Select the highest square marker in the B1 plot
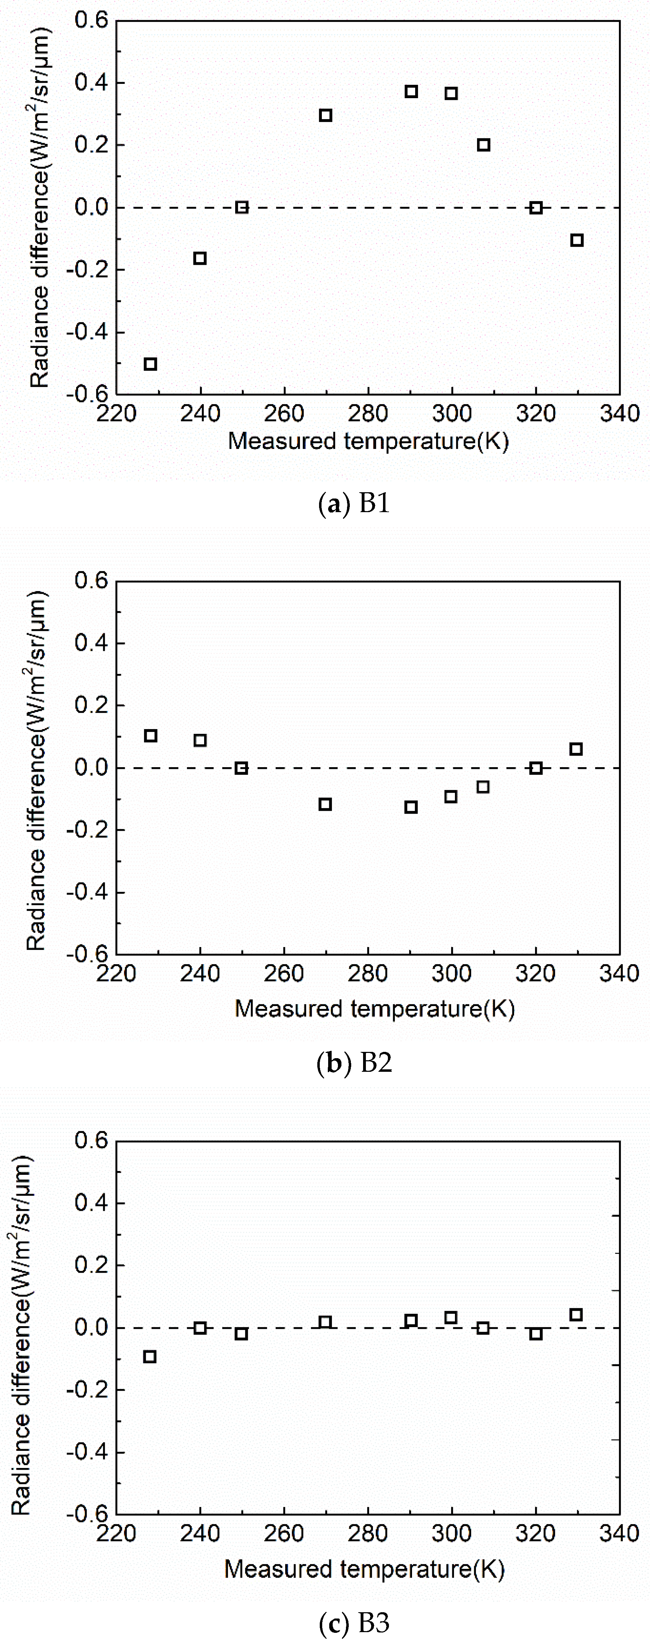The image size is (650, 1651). [411, 92]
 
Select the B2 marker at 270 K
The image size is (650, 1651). [326, 804]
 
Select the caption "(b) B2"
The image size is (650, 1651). [354, 1063]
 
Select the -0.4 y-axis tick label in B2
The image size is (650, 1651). [90, 892]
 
